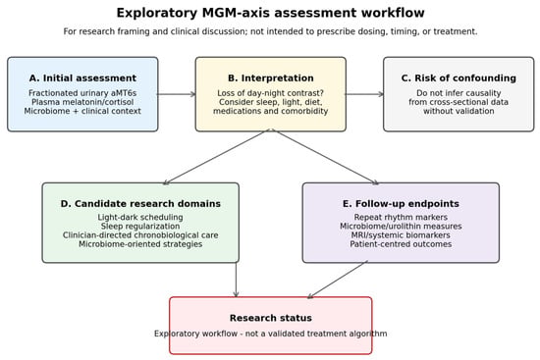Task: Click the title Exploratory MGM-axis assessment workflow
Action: click(270, 13)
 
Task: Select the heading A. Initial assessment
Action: click(82, 78)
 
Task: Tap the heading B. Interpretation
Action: click(271, 78)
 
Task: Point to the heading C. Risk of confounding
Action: click(459, 78)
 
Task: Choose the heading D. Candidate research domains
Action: click(140, 204)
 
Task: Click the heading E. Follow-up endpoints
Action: click(401, 204)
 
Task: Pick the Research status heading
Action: click(271, 318)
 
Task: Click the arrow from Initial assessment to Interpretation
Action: click(177, 94)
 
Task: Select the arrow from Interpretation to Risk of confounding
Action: click(364, 94)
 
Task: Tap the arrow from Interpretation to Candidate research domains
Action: click(217, 157)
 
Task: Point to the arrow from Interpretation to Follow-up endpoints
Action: click(325, 157)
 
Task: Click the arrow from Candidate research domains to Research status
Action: click(236, 280)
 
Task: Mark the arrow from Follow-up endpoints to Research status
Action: click(338, 280)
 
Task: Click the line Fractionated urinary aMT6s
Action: click(82, 93)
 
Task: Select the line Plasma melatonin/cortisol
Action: click(82, 102)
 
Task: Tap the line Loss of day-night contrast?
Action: click(271, 93)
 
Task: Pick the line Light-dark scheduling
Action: click(140, 218)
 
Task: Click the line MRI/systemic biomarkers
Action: click(401, 235)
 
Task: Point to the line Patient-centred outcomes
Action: click(401, 244)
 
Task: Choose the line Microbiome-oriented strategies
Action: click(140, 244)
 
